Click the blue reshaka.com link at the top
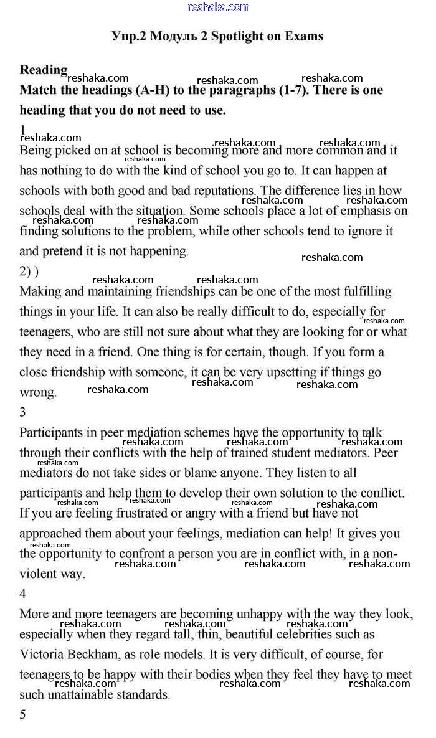pyautogui.click(x=218, y=7)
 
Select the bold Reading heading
pyautogui.click(x=43, y=70)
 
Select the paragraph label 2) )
pyautogui.click(x=29, y=272)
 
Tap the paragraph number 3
pyautogui.click(x=23, y=412)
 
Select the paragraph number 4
pyautogui.click(x=23, y=594)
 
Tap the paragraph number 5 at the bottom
pyautogui.click(x=23, y=714)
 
